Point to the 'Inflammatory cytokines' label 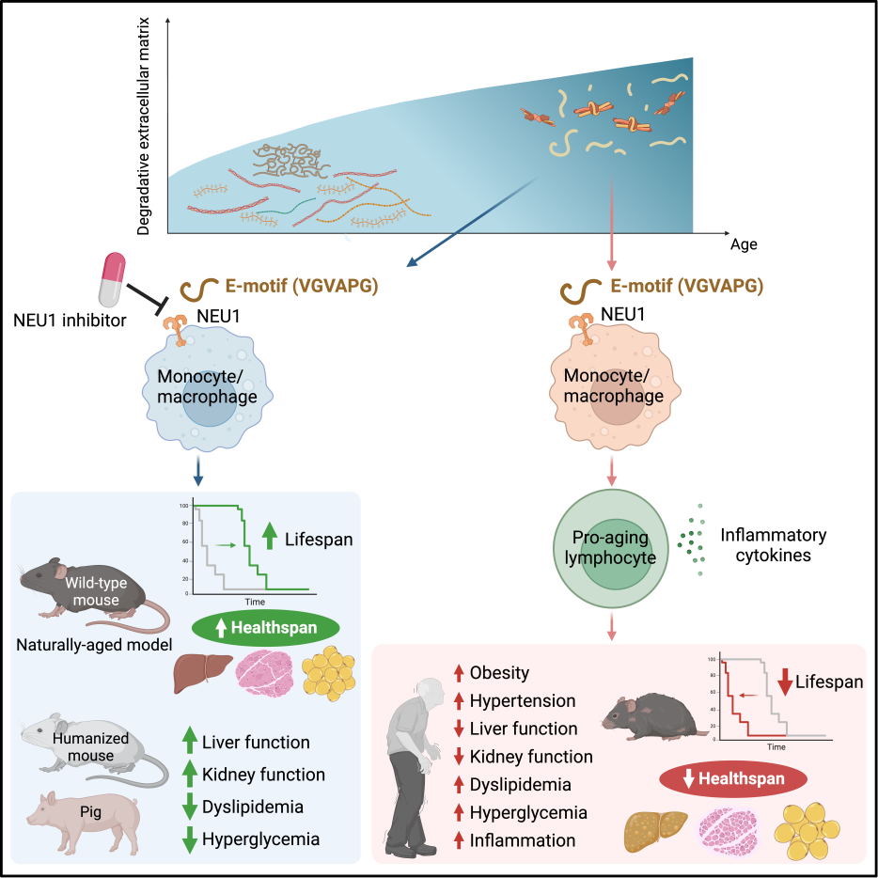773,546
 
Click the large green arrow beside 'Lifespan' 270,535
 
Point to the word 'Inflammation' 523,839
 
